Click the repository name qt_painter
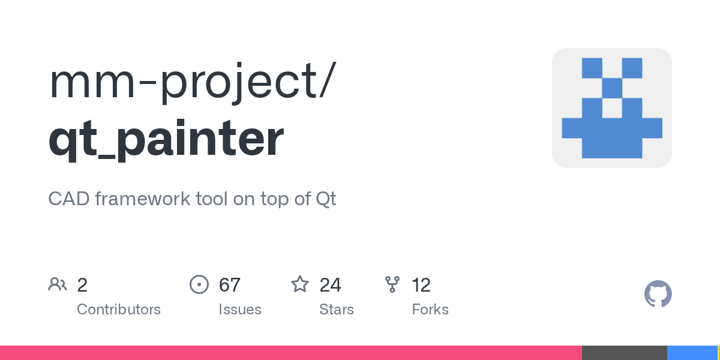(x=166, y=139)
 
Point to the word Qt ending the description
(x=326, y=199)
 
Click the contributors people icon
(x=58, y=284)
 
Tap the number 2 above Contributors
(x=82, y=285)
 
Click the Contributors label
(x=119, y=310)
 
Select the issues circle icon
(x=199, y=284)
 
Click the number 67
(x=230, y=285)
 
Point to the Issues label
(x=240, y=310)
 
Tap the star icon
(x=300, y=284)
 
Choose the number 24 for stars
(x=331, y=285)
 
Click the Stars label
(x=337, y=310)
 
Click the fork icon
(x=392, y=284)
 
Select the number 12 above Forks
(x=421, y=285)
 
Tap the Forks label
(x=430, y=310)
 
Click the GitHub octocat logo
(x=658, y=294)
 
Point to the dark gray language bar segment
(x=624, y=353)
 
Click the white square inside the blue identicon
(x=612, y=108)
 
